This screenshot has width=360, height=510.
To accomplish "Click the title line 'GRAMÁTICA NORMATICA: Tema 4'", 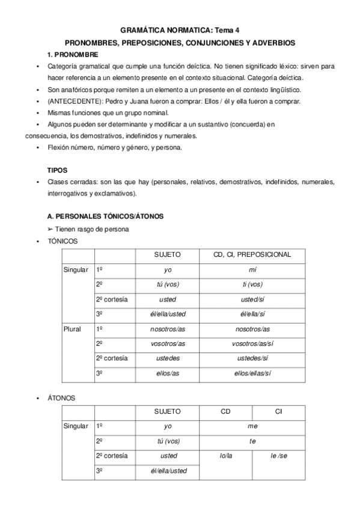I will pos(180,29).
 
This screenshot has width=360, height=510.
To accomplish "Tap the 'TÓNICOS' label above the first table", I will pos(63,241).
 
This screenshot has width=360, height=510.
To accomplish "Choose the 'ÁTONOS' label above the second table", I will pos(61,398).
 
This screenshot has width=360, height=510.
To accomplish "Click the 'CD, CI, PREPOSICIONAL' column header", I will pos(252,254).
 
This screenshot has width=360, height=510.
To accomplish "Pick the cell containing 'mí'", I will pos(252,270).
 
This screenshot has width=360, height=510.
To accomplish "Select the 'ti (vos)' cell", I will pos(252,284).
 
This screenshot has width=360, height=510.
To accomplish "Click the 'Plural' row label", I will pos(72,329).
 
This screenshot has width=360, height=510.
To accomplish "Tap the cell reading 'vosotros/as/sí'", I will pos(252,344).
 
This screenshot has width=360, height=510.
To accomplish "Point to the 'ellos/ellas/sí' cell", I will pos(252,373).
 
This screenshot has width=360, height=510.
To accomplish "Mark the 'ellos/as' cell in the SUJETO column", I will pos(168,373).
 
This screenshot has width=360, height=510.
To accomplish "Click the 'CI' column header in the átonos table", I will pos(278,411).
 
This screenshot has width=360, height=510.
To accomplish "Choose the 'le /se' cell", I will pos(278,456).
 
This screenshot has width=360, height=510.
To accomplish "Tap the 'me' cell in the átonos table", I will pos(252,426).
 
